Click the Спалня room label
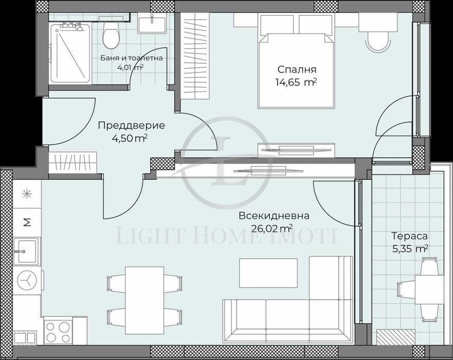[x=297, y=69]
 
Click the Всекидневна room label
[x=267, y=215]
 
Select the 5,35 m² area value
[x=409, y=248]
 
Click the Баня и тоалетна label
[x=131, y=58]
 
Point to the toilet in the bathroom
[x=109, y=35]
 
